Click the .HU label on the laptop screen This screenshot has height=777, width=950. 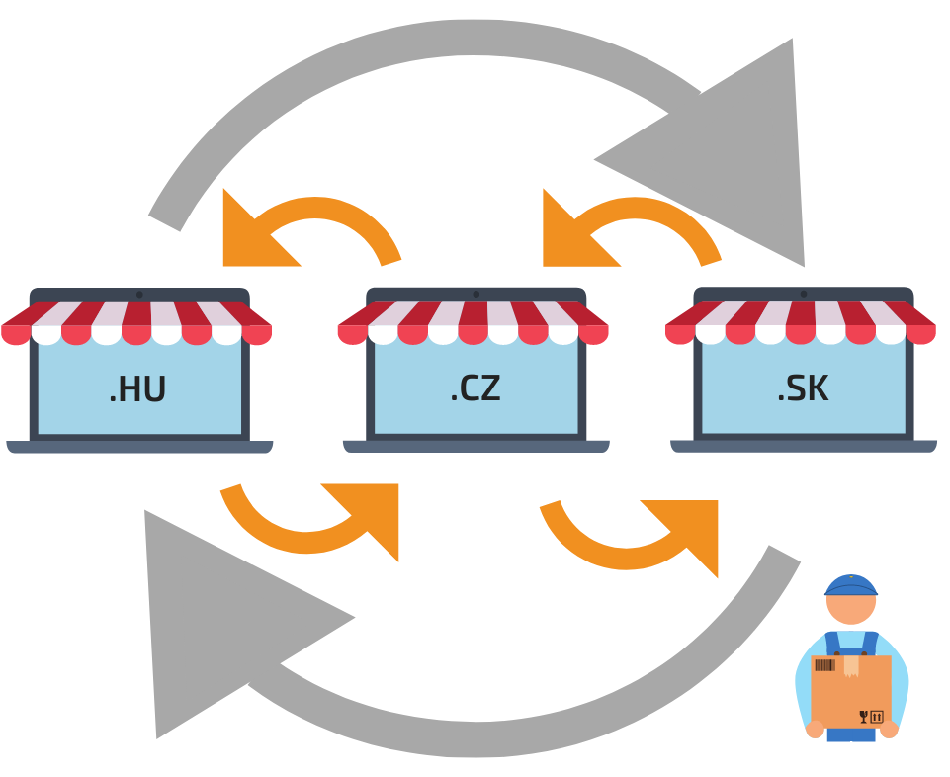click(x=137, y=389)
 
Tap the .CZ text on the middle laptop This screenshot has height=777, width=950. click(x=475, y=388)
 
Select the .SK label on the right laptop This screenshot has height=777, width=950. click(x=803, y=388)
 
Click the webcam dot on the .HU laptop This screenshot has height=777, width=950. click(x=139, y=295)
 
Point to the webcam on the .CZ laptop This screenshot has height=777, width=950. click(x=476, y=295)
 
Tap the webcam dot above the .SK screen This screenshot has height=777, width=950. click(x=804, y=294)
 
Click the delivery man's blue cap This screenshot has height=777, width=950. click(x=850, y=585)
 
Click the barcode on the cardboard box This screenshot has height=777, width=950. click(x=824, y=665)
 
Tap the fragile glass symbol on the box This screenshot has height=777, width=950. click(x=864, y=717)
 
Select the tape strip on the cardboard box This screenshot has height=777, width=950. click(x=851, y=665)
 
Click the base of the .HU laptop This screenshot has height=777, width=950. click(x=139, y=447)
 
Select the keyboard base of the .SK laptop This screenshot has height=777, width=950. click(x=804, y=446)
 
